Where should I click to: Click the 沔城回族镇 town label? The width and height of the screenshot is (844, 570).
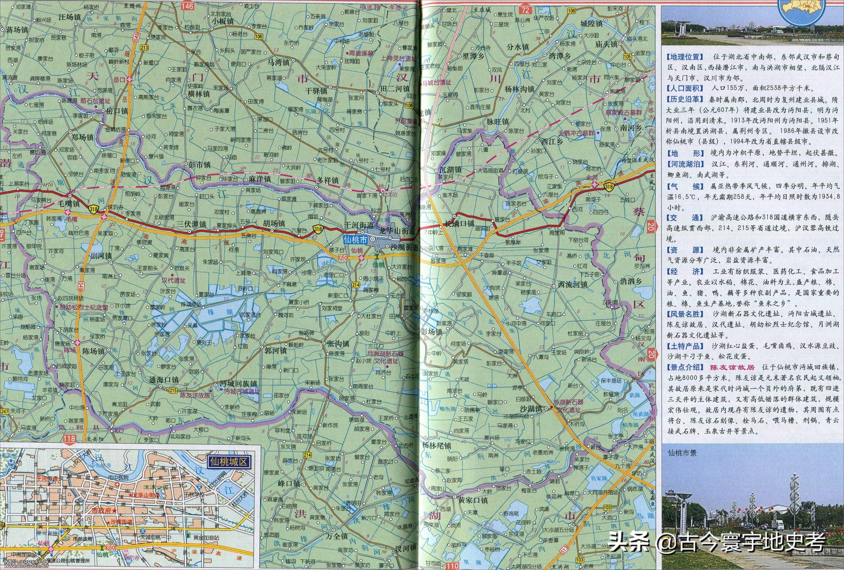click(x=238, y=384)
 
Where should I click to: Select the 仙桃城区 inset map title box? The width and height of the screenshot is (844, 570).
click(x=228, y=462)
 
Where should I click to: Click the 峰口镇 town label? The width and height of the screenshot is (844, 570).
click(x=287, y=484)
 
